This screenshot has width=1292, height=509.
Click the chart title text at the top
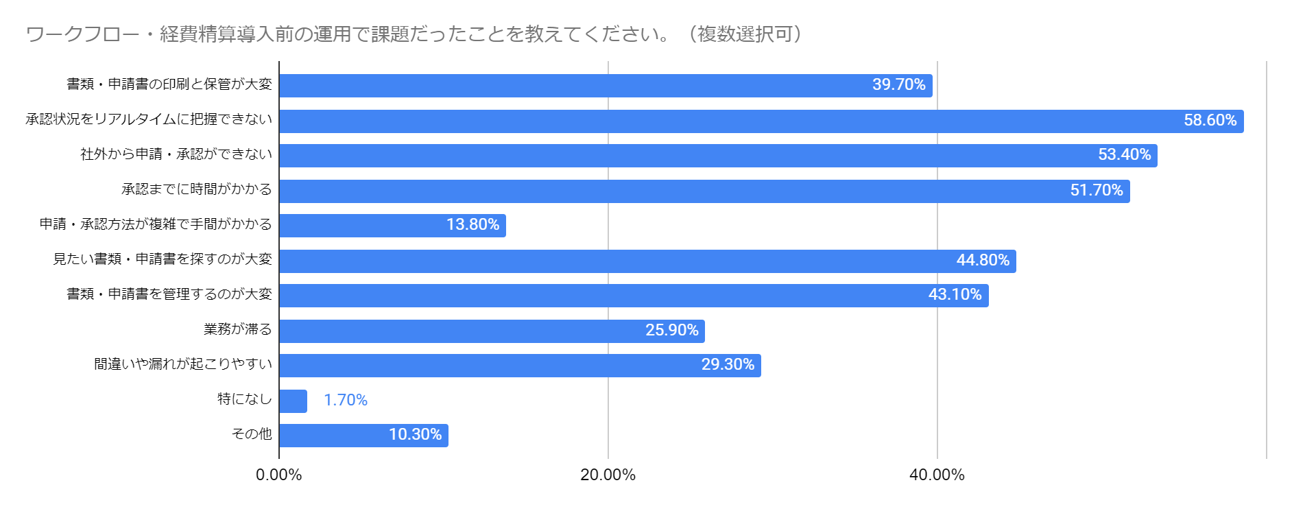(x=414, y=34)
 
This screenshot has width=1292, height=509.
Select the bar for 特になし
(x=294, y=401)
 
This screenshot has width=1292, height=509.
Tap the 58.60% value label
(x=1210, y=120)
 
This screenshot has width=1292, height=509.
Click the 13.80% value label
(x=472, y=224)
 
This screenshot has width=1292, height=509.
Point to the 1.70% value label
(x=346, y=400)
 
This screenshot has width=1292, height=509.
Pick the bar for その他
(x=364, y=436)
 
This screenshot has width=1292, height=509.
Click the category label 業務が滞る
(x=238, y=329)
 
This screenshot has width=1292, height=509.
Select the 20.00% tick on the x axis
(x=608, y=475)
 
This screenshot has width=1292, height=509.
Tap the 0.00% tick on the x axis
(x=279, y=475)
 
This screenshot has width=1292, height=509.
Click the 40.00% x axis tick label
(x=937, y=475)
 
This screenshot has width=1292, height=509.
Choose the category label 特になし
(x=245, y=399)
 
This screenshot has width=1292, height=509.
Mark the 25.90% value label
(x=672, y=330)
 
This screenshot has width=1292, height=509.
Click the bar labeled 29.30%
(x=521, y=366)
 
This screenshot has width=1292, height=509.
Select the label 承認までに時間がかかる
(x=197, y=189)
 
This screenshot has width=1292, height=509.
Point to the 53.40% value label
(x=1125, y=154)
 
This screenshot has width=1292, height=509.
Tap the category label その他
(x=252, y=434)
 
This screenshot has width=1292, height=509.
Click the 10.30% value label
(x=415, y=434)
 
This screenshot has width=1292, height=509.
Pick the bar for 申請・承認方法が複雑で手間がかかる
(x=393, y=226)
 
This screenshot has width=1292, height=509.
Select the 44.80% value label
(x=983, y=260)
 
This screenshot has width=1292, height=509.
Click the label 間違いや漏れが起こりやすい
(x=183, y=364)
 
